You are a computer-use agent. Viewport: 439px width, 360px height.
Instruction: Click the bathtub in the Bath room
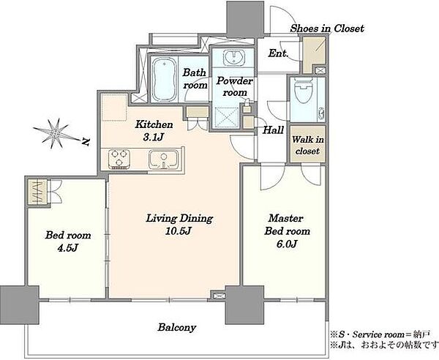coord(164,79)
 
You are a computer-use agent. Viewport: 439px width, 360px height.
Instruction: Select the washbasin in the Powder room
coord(233,58)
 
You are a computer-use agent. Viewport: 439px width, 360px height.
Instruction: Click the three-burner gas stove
coord(119,160)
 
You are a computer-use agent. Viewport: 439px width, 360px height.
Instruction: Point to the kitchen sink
coord(163,160)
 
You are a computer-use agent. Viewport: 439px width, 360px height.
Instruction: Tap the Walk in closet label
coord(307,145)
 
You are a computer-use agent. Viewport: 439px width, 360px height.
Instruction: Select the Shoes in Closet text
coord(327,29)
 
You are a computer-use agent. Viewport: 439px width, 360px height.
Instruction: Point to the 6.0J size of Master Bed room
coord(287,244)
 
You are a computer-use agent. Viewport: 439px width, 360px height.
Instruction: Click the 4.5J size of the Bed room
coord(68,248)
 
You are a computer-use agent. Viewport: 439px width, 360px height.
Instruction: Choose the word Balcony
coord(176,328)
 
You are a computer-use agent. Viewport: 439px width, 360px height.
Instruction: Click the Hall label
coord(274,130)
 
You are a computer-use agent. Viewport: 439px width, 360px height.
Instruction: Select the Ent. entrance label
coord(278,53)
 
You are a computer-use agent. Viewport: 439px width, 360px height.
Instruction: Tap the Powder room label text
coord(235,87)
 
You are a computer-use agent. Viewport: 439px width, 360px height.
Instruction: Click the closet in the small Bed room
coord(38,192)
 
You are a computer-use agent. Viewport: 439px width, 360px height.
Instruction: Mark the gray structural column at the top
coord(245,19)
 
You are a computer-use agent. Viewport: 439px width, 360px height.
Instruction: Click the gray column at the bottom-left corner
coord(19,305)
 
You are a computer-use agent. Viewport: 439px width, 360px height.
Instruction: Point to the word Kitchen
coord(154,124)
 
